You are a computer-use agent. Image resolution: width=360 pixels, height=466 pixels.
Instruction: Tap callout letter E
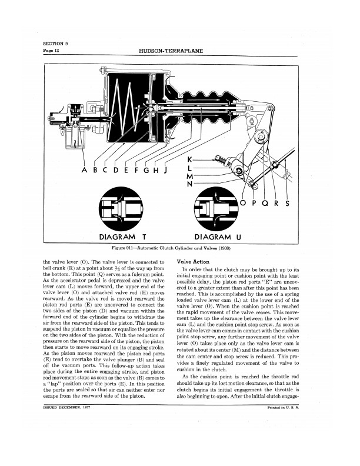[x=124, y=171]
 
